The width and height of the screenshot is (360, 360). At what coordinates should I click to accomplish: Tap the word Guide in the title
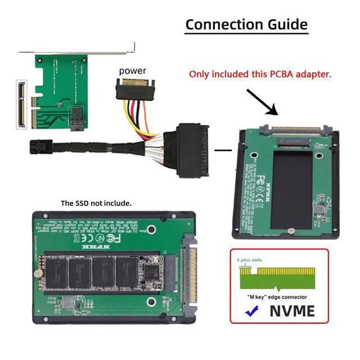point(288,25)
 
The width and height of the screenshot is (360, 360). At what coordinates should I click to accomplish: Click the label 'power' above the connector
point(132,70)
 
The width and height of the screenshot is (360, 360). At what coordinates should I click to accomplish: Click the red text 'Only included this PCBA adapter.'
point(260,74)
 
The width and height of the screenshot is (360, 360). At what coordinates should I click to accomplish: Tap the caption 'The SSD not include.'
point(96,203)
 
